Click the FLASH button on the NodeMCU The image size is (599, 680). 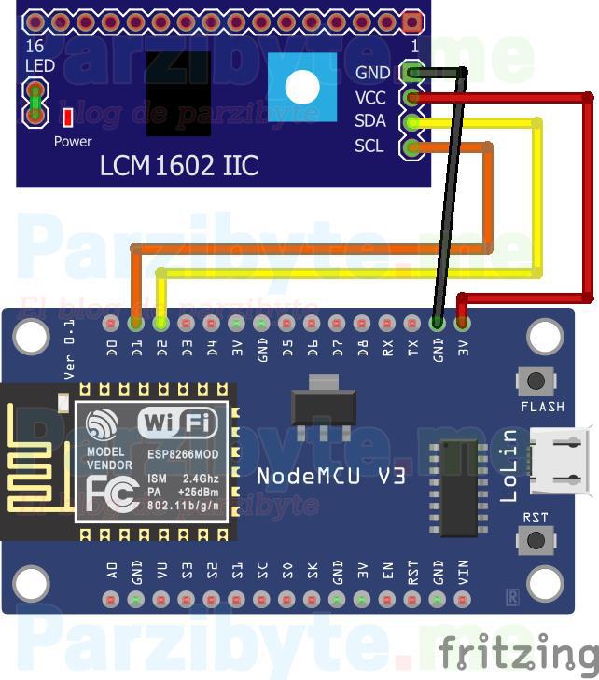point(536,381)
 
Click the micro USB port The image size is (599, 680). point(560,461)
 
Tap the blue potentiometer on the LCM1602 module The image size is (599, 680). point(301,87)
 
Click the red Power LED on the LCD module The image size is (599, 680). point(67,118)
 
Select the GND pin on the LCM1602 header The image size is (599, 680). point(411,72)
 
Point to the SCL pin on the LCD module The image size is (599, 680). point(411,146)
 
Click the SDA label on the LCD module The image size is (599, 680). point(370,121)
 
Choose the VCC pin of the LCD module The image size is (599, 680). point(411,97)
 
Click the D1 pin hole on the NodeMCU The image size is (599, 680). point(136,324)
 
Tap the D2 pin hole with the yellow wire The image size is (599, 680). point(161,324)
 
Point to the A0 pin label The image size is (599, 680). point(112,570)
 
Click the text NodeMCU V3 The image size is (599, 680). point(331,475)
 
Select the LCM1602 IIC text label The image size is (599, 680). point(179,167)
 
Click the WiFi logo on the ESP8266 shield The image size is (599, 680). point(177,423)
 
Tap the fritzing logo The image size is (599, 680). point(518,652)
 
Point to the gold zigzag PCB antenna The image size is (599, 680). point(33,463)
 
